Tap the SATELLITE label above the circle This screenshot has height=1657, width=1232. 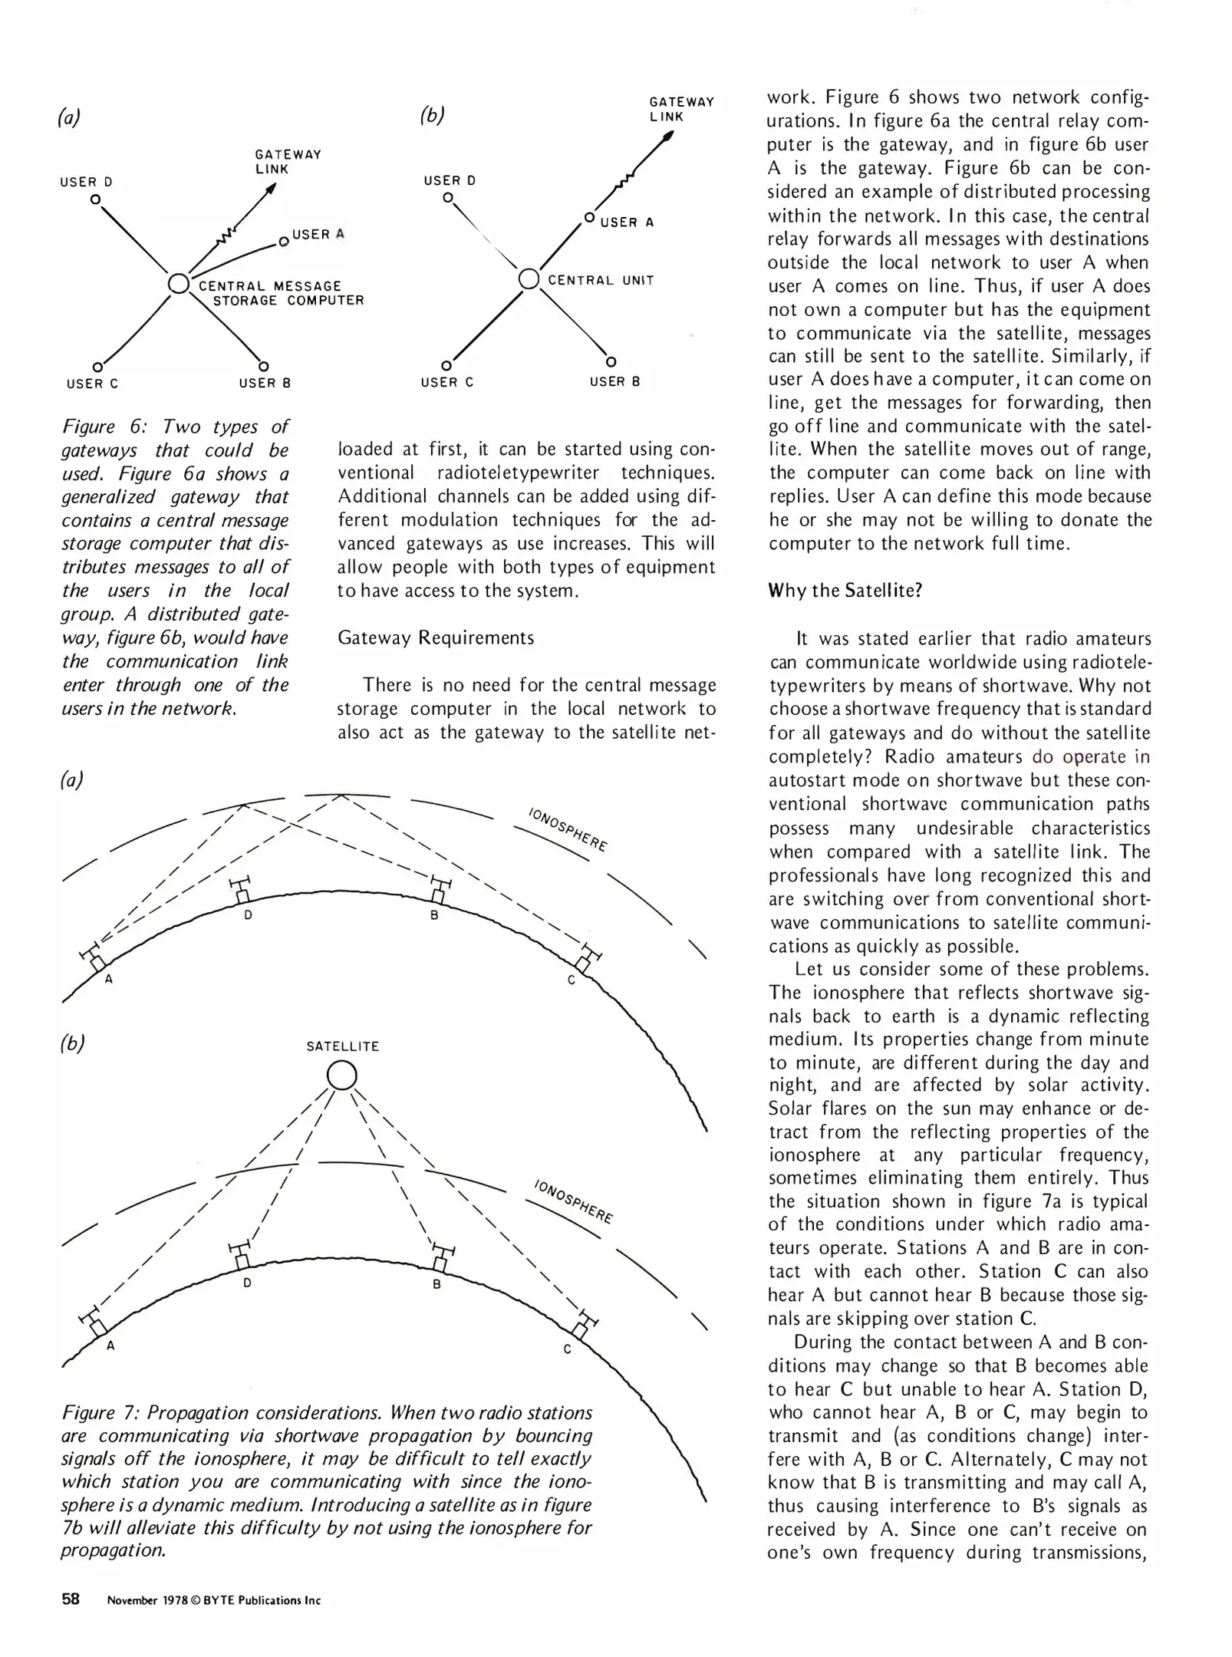(342, 1046)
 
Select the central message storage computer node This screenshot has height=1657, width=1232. (178, 283)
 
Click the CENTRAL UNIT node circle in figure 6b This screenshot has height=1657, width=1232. (529, 278)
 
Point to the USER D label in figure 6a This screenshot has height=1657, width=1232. (86, 182)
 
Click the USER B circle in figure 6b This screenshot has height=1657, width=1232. (611, 361)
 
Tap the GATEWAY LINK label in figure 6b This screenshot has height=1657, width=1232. (681, 109)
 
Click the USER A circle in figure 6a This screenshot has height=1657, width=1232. (283, 242)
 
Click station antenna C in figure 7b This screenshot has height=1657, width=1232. (585, 1327)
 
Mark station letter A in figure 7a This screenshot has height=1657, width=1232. (109, 979)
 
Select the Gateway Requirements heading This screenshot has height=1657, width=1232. (436, 638)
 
